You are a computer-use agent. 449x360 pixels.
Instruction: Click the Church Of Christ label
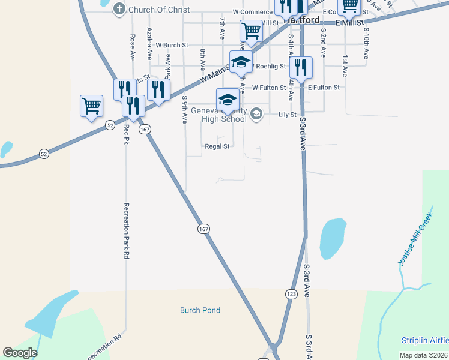click(159, 10)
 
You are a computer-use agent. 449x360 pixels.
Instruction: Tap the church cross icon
click(119, 10)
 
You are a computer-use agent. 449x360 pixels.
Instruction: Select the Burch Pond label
click(200, 310)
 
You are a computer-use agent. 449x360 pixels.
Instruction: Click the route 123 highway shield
click(291, 294)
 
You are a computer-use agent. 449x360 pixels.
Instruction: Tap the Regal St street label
click(217, 146)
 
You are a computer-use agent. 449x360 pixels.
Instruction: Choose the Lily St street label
click(288, 114)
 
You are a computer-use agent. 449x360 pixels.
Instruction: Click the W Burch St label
click(172, 45)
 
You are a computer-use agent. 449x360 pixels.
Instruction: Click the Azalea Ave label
click(149, 43)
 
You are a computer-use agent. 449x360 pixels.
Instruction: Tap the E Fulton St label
click(324, 87)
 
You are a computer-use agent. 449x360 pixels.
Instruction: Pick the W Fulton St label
click(268, 87)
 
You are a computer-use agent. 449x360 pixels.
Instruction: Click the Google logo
click(20, 353)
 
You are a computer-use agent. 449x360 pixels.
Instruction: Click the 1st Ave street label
click(345, 67)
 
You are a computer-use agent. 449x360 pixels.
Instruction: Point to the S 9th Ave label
click(184, 109)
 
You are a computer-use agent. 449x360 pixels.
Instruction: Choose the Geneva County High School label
click(219, 115)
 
